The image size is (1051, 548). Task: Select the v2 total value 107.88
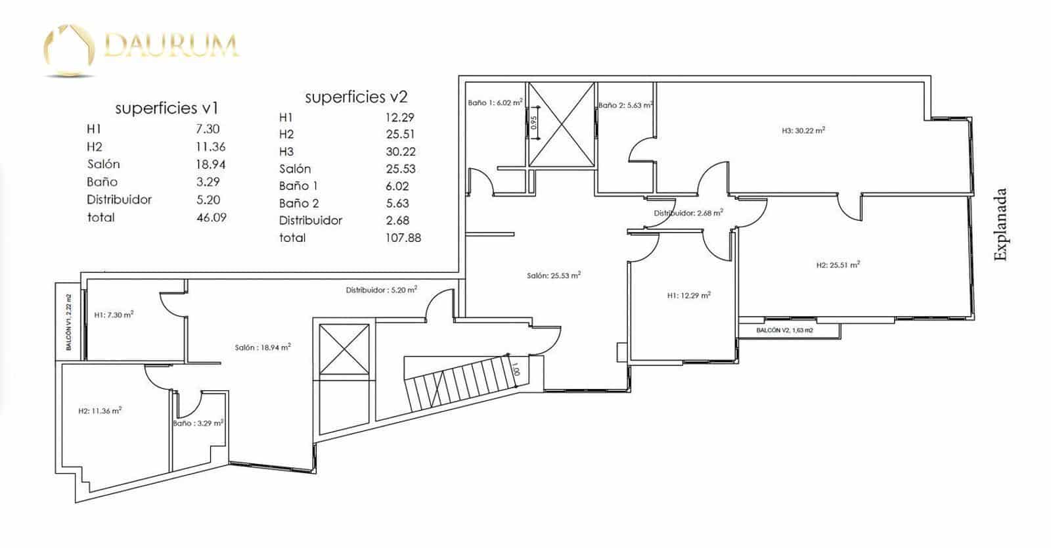click(403, 238)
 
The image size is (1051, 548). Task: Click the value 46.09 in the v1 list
click(212, 217)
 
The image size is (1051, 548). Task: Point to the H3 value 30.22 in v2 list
click(401, 151)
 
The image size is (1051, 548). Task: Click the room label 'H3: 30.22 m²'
click(803, 131)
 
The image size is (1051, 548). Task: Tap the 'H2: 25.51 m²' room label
click(838, 265)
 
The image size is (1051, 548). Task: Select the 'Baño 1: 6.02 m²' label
click(495, 103)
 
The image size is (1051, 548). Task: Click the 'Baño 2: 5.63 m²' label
click(625, 105)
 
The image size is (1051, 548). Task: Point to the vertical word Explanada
click(1000, 225)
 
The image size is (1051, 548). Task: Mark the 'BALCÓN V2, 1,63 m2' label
click(784, 330)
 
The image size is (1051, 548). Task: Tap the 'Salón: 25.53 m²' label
click(553, 275)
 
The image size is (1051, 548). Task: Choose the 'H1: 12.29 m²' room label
click(688, 296)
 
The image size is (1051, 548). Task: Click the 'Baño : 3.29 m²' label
click(198, 423)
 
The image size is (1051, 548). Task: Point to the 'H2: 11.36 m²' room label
click(100, 411)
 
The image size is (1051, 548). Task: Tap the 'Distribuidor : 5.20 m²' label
click(382, 289)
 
